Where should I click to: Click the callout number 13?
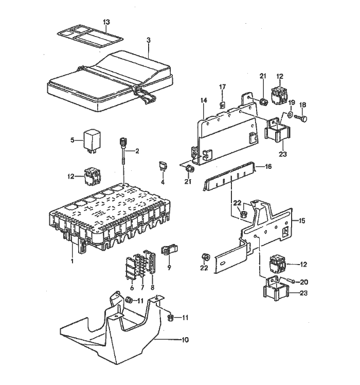[x=106, y=22]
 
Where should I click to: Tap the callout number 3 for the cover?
[x=148, y=40]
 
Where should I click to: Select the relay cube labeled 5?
[x=93, y=138]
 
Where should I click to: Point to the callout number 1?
[x=72, y=261]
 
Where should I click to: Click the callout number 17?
[x=223, y=86]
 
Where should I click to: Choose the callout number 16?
[x=267, y=166]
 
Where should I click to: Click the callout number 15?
[x=302, y=221]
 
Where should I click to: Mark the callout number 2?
[x=136, y=151]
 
